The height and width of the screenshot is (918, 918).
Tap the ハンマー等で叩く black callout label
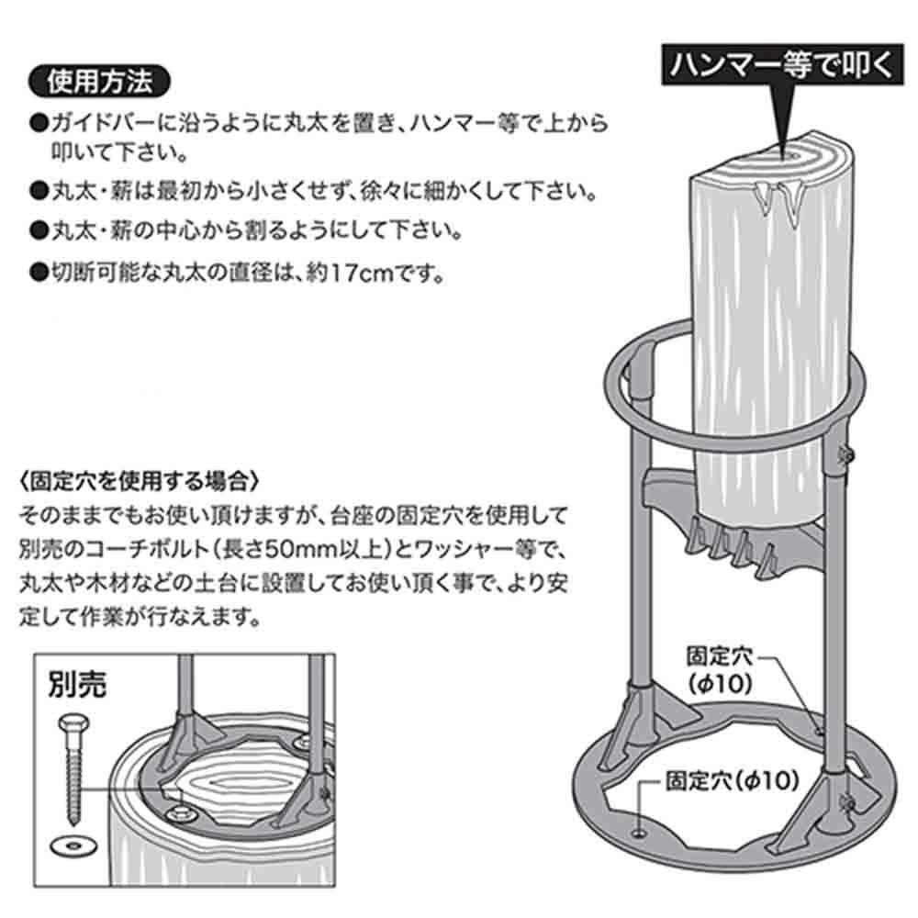tap(779, 65)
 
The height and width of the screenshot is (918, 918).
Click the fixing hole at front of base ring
tap(640, 833)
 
